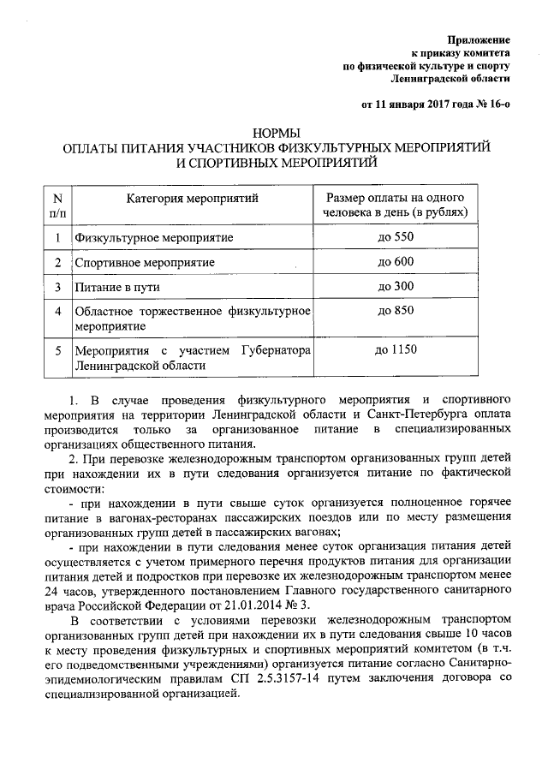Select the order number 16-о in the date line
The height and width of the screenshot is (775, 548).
pyautogui.click(x=494, y=105)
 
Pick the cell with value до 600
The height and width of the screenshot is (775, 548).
pyautogui.click(x=396, y=261)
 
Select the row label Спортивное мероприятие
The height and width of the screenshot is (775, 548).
pyautogui.click(x=144, y=262)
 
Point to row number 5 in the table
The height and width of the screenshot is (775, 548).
pyautogui.click(x=57, y=350)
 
